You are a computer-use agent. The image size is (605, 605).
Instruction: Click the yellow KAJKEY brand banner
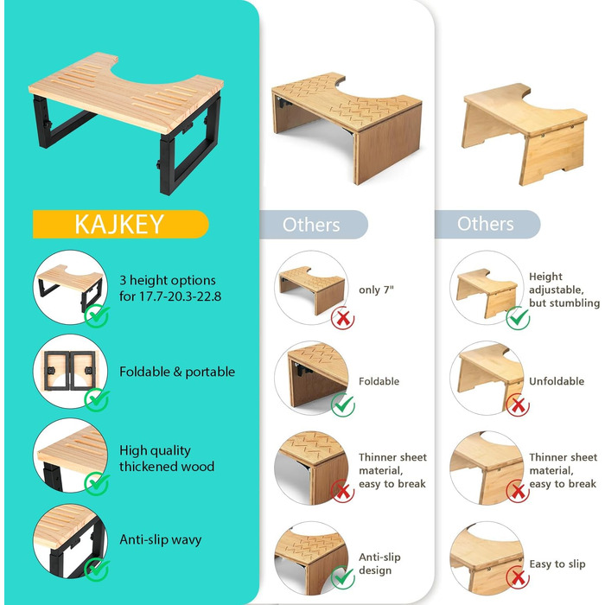click(121, 224)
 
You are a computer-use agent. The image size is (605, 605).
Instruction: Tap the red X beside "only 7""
click(342, 318)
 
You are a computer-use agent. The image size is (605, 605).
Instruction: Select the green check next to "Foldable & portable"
click(97, 399)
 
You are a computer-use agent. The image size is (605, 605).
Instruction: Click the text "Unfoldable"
click(557, 381)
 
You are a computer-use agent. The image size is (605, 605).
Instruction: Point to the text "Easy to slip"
click(557, 564)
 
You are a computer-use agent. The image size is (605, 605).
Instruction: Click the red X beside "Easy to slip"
click(518, 577)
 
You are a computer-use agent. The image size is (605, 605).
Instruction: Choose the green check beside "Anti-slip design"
click(342, 576)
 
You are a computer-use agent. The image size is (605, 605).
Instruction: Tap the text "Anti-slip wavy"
click(161, 539)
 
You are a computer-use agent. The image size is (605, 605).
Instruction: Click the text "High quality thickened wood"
click(167, 458)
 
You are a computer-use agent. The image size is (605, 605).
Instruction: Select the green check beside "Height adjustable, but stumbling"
click(518, 318)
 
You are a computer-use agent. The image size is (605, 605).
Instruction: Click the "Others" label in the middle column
click(311, 225)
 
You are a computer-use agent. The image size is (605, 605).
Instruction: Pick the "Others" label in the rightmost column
click(486, 224)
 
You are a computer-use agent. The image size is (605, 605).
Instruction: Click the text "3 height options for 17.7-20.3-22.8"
click(170, 288)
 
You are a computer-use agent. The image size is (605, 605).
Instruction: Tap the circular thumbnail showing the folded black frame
click(70, 371)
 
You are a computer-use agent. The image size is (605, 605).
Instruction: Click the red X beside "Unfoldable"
click(518, 405)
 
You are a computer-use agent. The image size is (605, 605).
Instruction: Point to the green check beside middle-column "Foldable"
click(342, 404)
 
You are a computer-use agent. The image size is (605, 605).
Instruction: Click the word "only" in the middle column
click(369, 290)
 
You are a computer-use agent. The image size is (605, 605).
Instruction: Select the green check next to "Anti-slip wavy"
click(97, 570)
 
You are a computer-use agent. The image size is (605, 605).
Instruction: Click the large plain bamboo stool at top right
click(525, 133)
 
